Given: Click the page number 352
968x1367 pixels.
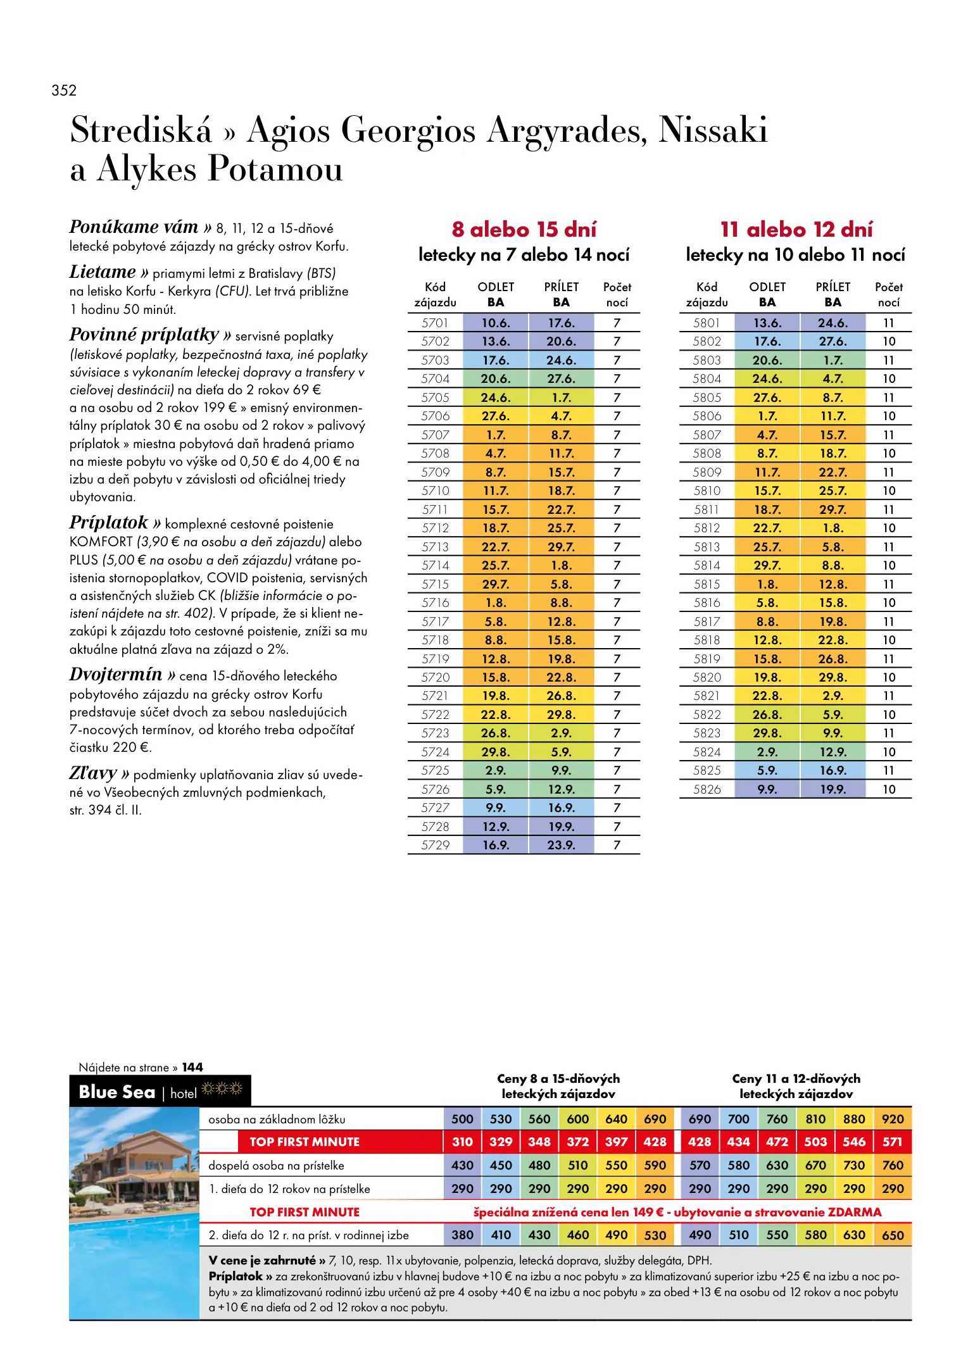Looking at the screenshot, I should pos(64,91).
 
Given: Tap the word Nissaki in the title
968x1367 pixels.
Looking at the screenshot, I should pos(713,130).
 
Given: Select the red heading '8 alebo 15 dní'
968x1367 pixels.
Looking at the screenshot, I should pos(524,229).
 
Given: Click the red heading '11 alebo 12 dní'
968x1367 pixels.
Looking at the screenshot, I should pos(796,229).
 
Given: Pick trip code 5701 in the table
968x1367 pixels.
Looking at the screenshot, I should pos(435,323).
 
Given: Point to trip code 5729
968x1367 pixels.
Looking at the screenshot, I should pos(435,845).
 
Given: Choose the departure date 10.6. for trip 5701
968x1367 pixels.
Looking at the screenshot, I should pos(496,323).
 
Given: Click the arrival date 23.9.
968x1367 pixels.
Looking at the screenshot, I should pos(561,845).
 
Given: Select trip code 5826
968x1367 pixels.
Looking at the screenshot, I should pos(707,789).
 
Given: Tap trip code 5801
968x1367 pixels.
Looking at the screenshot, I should pos(707,323).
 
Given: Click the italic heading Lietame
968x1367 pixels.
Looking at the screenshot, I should pos(103,272).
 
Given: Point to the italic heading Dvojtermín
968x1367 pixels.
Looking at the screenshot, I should pos(116,675).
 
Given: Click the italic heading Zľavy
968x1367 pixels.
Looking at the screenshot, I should pos(93,773).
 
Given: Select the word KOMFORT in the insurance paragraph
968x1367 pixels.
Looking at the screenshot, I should pos(101,542).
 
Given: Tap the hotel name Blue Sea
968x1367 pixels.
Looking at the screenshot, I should pos(117,1092).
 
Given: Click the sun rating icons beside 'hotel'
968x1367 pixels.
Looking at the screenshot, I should pos(222,1089).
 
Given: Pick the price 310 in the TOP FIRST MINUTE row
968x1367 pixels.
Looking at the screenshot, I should pos(462,1142).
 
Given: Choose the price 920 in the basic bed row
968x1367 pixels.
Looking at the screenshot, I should pos(893,1119).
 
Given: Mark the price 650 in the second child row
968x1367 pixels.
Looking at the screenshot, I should pos(893,1235).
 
